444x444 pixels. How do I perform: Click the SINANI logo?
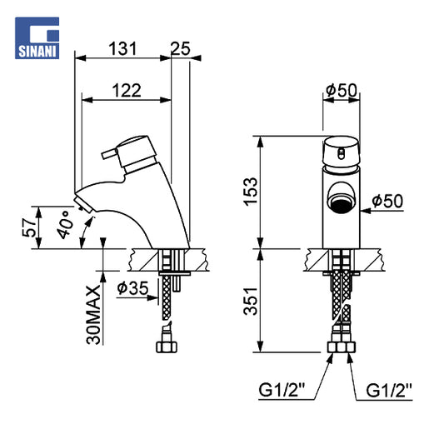[37, 38]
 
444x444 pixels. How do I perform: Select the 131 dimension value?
[122, 48]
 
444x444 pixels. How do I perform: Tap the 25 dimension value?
[181, 48]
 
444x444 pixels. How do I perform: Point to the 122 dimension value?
[127, 91]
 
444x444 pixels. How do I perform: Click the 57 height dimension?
[29, 227]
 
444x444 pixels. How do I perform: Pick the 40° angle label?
[65, 225]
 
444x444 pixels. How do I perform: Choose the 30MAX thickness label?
[93, 315]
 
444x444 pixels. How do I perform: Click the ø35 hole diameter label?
[132, 288]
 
